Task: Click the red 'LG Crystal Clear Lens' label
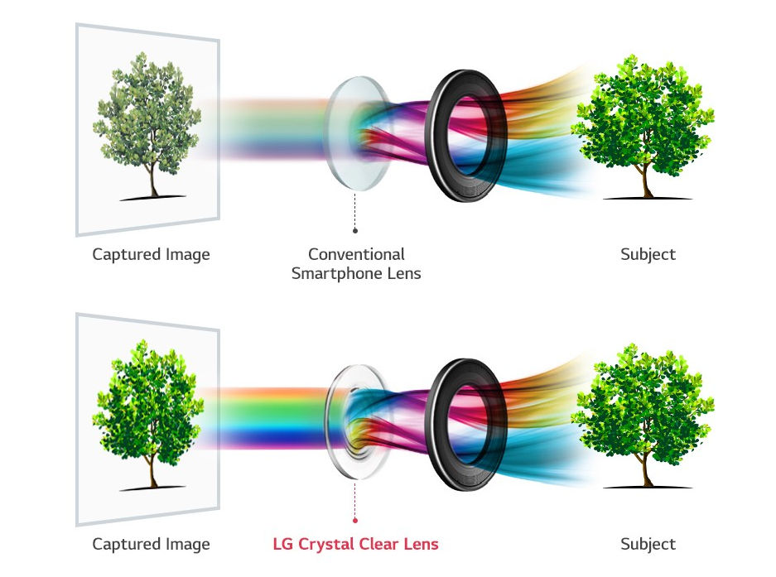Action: pyautogui.click(x=355, y=544)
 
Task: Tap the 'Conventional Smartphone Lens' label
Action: pyautogui.click(x=356, y=264)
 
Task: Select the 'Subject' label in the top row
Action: pyautogui.click(x=648, y=254)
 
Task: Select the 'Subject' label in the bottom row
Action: pyautogui.click(x=648, y=544)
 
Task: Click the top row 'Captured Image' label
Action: pyautogui.click(x=151, y=254)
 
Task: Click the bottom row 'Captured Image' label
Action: pyautogui.click(x=151, y=544)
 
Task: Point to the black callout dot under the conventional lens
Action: pyautogui.click(x=354, y=231)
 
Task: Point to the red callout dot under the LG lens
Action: pyautogui.click(x=354, y=520)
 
